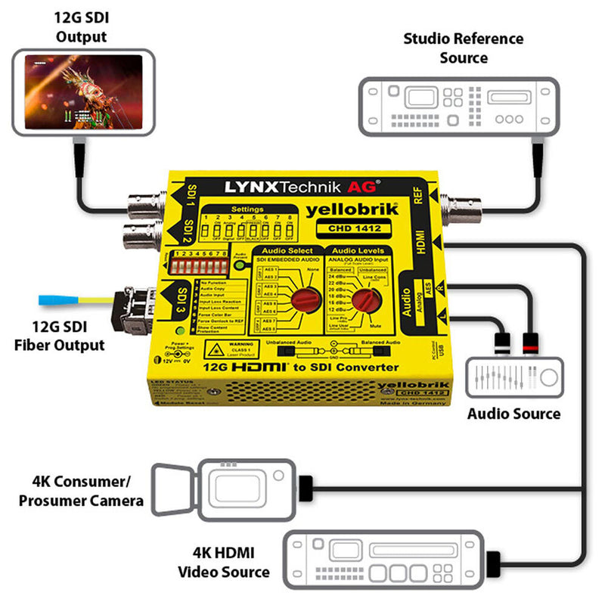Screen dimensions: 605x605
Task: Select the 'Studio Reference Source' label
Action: click(x=463, y=48)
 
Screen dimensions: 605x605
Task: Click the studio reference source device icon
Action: click(x=463, y=107)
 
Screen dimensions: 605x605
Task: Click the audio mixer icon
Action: click(x=517, y=376)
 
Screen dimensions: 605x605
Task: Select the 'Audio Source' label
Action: click(x=513, y=414)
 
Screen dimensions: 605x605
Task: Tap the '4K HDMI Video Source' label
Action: click(x=223, y=562)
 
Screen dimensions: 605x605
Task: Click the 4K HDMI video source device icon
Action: click(x=386, y=560)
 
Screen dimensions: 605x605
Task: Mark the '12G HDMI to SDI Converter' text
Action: click(x=301, y=368)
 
